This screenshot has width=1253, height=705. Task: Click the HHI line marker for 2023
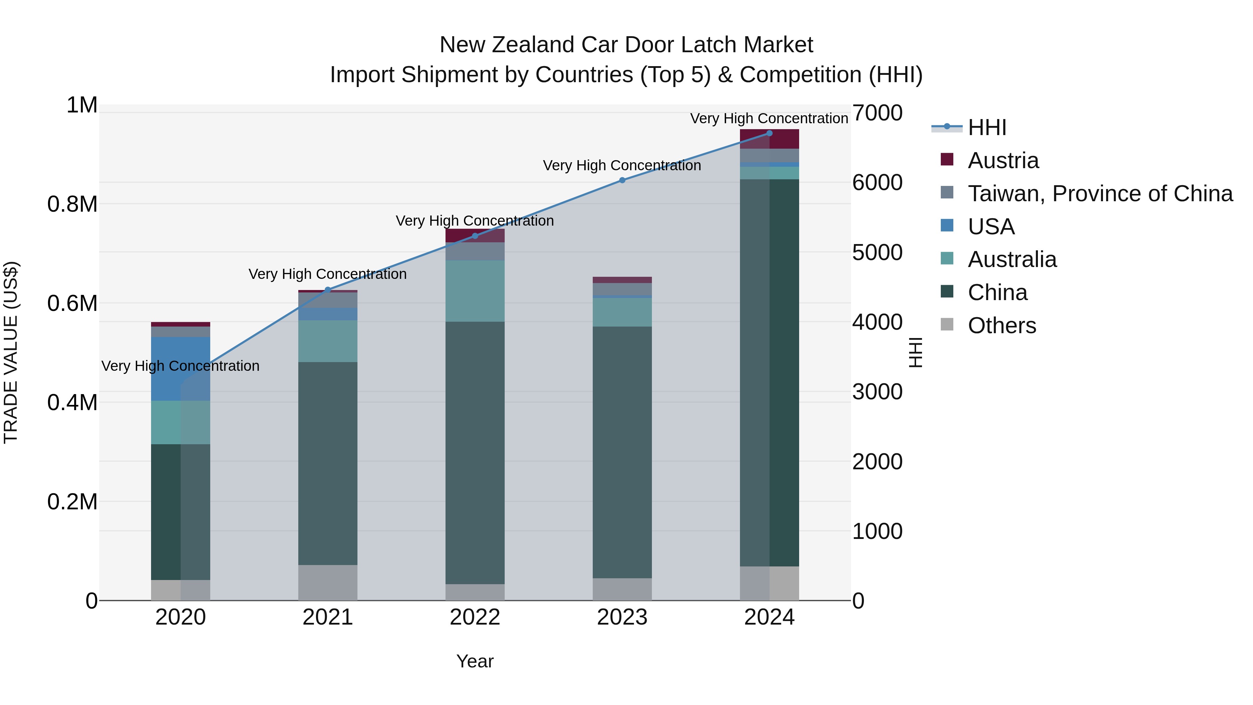tap(622, 180)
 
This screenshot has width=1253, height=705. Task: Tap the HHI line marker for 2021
tap(328, 290)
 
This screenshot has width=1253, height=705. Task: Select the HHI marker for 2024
tap(769, 133)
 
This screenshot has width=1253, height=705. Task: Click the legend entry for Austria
tap(1003, 160)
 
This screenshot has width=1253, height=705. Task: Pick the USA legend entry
tap(991, 227)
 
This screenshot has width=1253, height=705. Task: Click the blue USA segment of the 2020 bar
tap(180, 368)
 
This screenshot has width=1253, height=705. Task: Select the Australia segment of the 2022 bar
tap(475, 291)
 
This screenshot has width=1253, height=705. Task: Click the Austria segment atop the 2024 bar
tap(769, 139)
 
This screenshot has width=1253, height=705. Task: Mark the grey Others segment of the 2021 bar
tap(328, 582)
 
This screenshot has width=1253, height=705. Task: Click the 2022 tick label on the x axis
tap(475, 617)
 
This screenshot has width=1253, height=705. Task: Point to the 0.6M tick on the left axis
tap(72, 303)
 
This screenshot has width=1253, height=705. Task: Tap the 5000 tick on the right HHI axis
tap(877, 252)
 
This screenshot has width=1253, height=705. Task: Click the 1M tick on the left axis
tap(82, 105)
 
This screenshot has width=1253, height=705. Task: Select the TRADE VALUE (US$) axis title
tap(11, 352)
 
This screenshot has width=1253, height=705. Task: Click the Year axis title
tap(475, 661)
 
